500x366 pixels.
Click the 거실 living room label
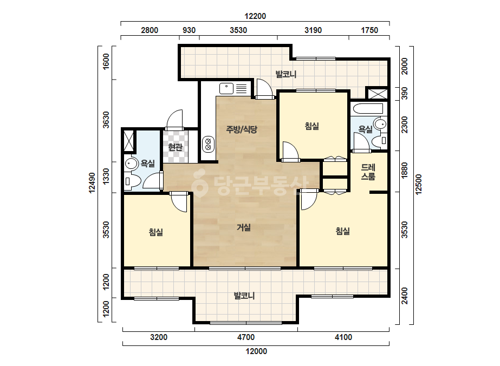(x=244, y=227)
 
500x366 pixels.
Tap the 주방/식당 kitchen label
(x=242, y=129)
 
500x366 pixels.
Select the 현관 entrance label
(x=175, y=147)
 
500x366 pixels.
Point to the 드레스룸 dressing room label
(x=368, y=172)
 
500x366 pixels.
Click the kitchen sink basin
(x=226, y=89)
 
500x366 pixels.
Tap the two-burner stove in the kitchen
(x=208, y=143)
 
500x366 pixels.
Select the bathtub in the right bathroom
(x=368, y=108)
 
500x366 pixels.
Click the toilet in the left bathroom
(x=133, y=181)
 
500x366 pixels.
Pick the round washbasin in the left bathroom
(x=131, y=164)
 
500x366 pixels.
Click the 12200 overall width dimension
(x=255, y=16)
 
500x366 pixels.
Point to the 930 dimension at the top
(x=189, y=30)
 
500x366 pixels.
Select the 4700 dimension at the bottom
(x=246, y=337)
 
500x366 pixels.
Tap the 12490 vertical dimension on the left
(x=92, y=183)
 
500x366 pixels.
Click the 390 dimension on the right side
(x=404, y=94)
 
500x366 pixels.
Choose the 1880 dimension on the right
(x=404, y=171)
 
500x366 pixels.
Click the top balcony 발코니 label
(x=286, y=74)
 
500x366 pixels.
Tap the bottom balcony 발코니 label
(x=244, y=296)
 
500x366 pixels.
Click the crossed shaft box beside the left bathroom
(x=129, y=141)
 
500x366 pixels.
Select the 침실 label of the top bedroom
(x=312, y=126)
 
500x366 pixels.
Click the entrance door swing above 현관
(x=175, y=120)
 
